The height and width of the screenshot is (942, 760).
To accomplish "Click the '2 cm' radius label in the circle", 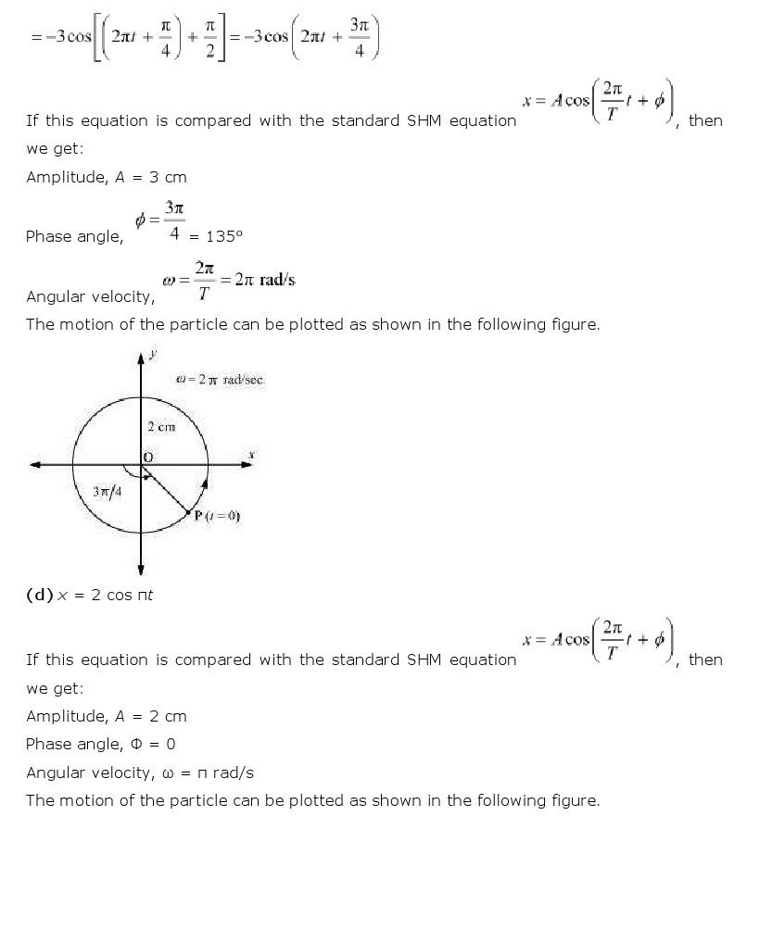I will tap(160, 427).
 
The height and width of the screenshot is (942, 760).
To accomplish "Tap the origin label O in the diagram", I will tap(147, 458).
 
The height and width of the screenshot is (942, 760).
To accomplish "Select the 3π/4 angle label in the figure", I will tap(106, 492).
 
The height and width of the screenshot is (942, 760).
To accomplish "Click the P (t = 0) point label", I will tap(217, 516).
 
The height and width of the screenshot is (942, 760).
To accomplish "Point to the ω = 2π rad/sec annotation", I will tap(221, 381).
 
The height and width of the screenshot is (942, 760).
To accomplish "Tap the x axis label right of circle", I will tap(251, 454).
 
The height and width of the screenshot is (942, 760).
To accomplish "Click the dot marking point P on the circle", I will tap(188, 512).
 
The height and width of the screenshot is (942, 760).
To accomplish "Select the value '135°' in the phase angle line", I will tap(223, 236).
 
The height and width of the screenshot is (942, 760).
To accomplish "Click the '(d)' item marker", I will tap(40, 596).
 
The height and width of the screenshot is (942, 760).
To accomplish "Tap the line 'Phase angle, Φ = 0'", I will tap(100, 744).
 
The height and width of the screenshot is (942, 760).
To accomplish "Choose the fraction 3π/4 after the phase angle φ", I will tap(173, 221).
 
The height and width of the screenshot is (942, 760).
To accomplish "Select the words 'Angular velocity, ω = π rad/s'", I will tap(139, 772).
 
